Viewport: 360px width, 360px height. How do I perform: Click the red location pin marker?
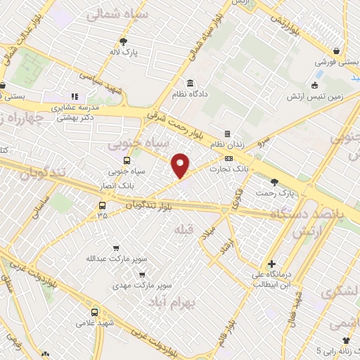click(x=181, y=165)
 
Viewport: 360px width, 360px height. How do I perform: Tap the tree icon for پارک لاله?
click(x=124, y=41)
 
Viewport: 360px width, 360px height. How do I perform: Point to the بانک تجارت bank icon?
click(x=229, y=157)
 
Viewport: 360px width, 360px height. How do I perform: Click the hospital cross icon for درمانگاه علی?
click(x=271, y=264)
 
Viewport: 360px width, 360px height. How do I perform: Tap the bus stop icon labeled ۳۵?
click(x=103, y=206)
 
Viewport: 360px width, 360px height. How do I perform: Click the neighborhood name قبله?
click(x=182, y=230)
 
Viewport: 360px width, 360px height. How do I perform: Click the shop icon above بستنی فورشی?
click(x=337, y=51)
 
